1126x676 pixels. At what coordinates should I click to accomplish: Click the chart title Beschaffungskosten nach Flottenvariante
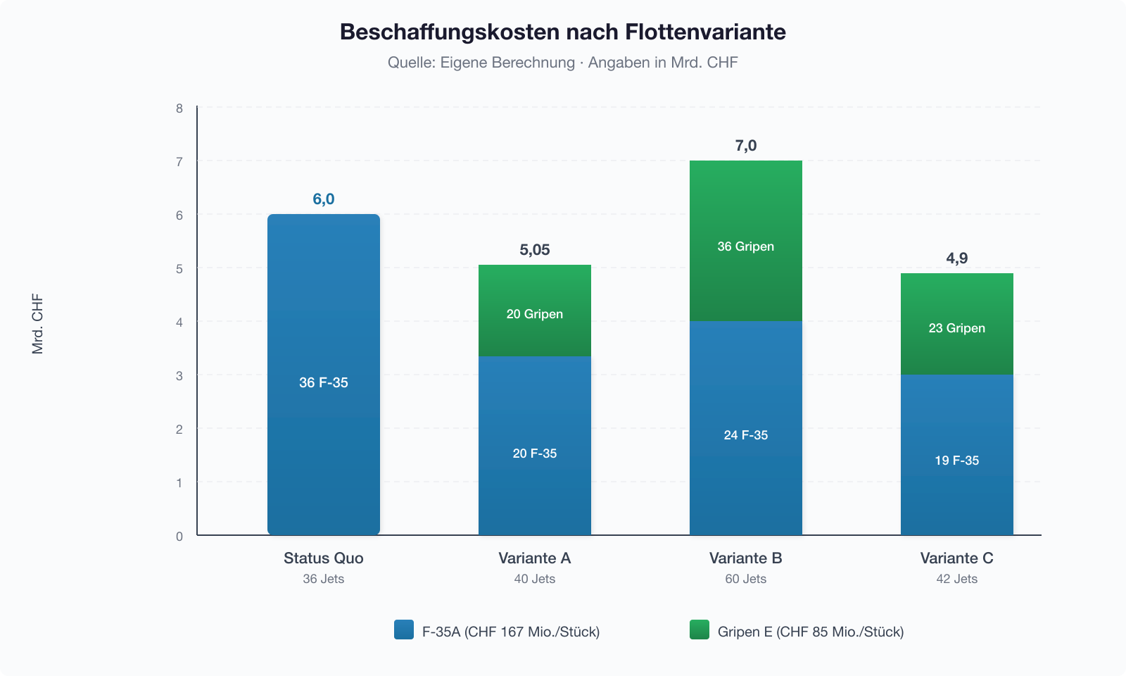pos(562,32)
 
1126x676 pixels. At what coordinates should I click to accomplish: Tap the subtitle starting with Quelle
pos(562,63)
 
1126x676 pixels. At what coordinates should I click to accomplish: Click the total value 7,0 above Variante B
pos(746,146)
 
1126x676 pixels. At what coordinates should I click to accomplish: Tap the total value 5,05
pos(535,250)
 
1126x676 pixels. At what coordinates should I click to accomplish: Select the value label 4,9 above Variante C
pos(957,258)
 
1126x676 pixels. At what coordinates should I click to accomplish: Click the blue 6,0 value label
pos(324,199)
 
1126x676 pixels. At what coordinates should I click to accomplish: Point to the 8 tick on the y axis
pos(179,108)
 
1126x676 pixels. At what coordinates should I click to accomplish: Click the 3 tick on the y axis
pos(179,376)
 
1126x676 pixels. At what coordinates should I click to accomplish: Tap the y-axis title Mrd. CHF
pos(38,324)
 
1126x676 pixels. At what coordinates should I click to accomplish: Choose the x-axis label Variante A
pos(535,558)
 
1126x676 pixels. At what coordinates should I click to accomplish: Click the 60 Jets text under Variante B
pos(746,579)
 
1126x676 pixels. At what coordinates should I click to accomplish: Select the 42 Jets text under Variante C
pos(957,579)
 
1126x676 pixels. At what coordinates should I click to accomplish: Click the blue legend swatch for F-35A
pos(404,630)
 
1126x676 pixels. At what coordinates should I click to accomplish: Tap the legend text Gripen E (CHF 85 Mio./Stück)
pos(811,632)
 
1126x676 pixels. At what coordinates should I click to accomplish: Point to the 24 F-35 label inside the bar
pos(746,435)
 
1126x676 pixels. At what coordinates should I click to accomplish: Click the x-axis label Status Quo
pos(324,558)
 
